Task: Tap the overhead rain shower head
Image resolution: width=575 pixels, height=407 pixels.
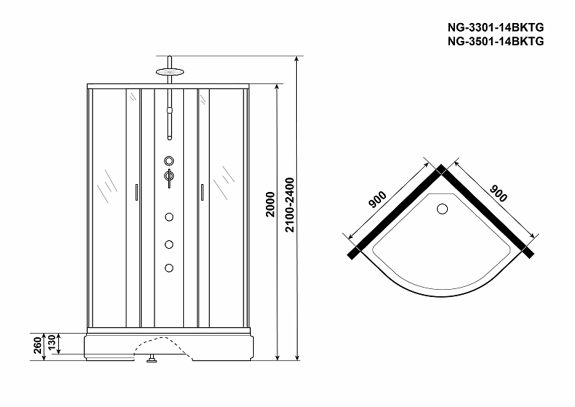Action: coord(170,70)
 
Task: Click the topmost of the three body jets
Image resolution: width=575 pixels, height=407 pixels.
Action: coord(170,216)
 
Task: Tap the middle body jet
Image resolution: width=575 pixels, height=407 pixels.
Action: coord(170,243)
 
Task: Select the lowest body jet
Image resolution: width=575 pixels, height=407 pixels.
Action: coord(170,268)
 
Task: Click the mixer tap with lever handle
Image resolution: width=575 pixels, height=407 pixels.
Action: coord(169,177)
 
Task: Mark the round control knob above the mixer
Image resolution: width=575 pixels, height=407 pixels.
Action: coord(169,160)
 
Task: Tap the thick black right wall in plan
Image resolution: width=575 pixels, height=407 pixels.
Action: coord(487,211)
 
